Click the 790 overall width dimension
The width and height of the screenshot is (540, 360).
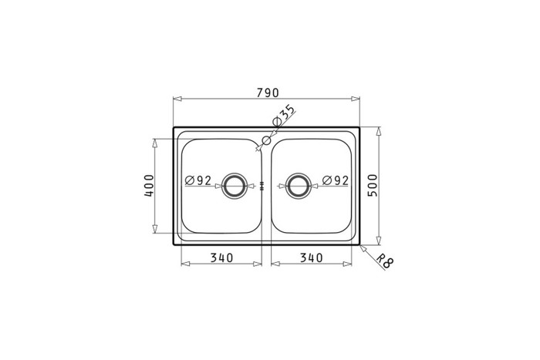coord(267,93)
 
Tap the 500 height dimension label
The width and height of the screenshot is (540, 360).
coord(373,186)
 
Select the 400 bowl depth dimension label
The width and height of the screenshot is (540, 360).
coord(149,186)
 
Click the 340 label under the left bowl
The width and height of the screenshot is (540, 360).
coord(222,257)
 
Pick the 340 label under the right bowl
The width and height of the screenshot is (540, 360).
coord(312,257)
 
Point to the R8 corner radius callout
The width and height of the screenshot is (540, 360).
coord(384,261)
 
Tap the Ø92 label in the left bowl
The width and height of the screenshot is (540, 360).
coord(198,180)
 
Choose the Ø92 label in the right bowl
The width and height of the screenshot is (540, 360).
coord(336,180)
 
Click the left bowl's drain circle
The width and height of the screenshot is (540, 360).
coord(235,173)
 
